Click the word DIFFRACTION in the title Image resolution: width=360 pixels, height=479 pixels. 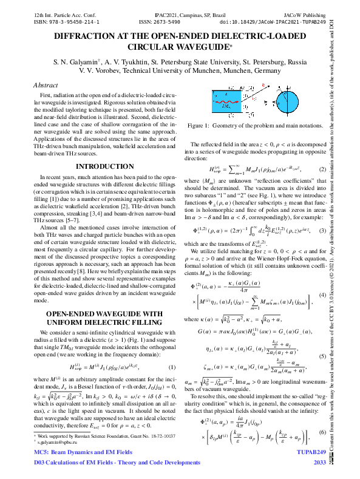pyautogui.click(x=77, y=36)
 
